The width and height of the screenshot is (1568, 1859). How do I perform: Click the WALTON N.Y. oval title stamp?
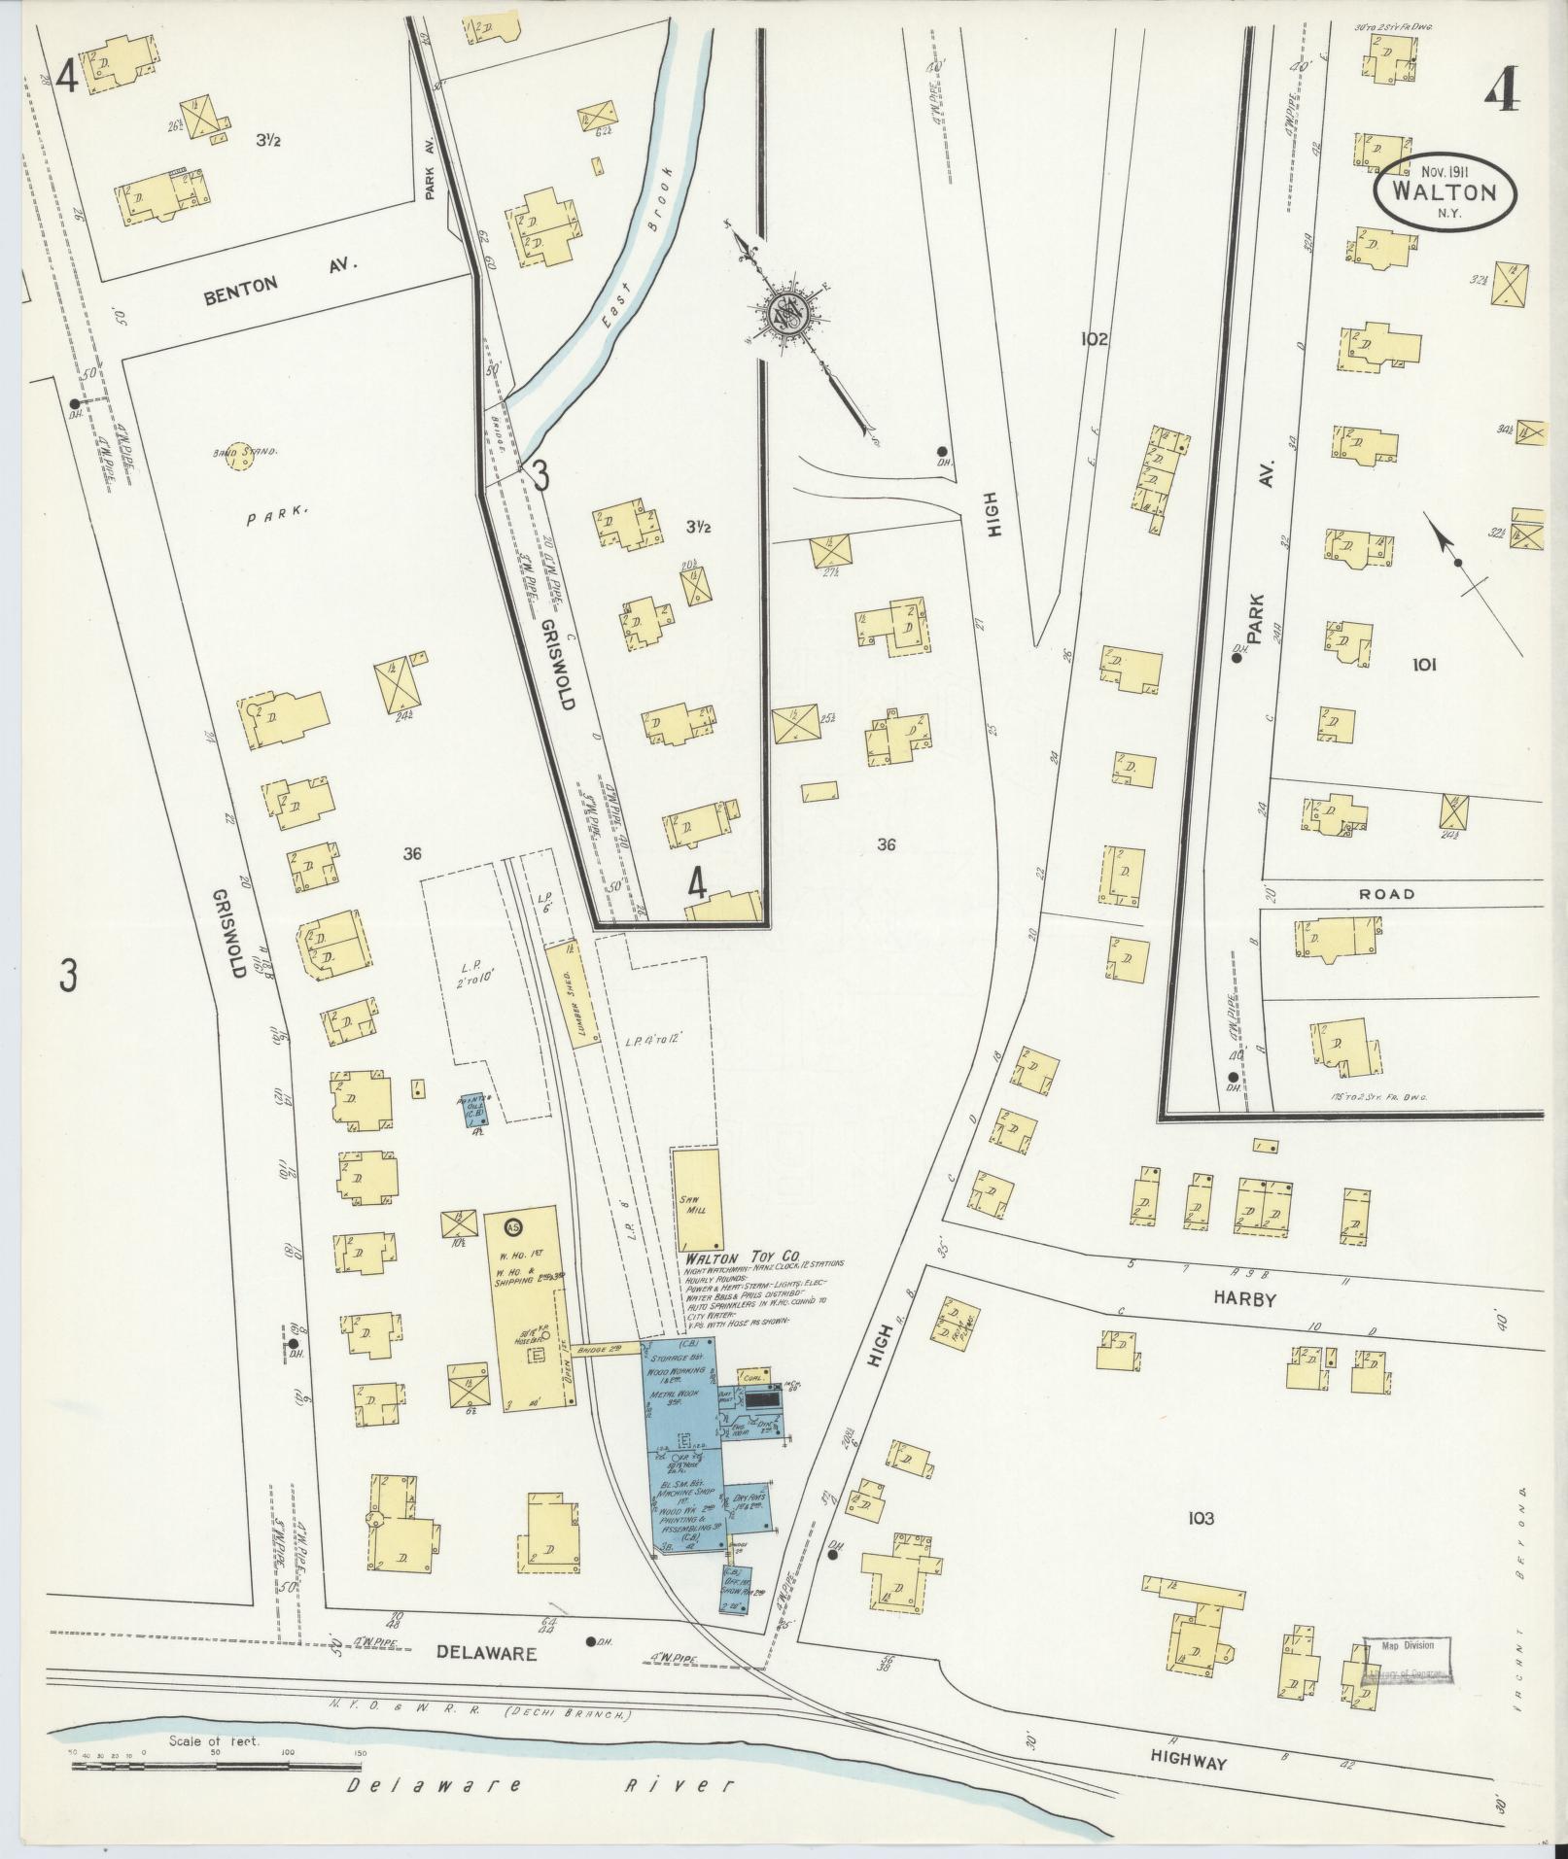point(1445,192)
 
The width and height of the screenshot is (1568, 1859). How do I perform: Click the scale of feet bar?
point(216,1764)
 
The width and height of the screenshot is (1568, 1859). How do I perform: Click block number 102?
point(1093,339)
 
